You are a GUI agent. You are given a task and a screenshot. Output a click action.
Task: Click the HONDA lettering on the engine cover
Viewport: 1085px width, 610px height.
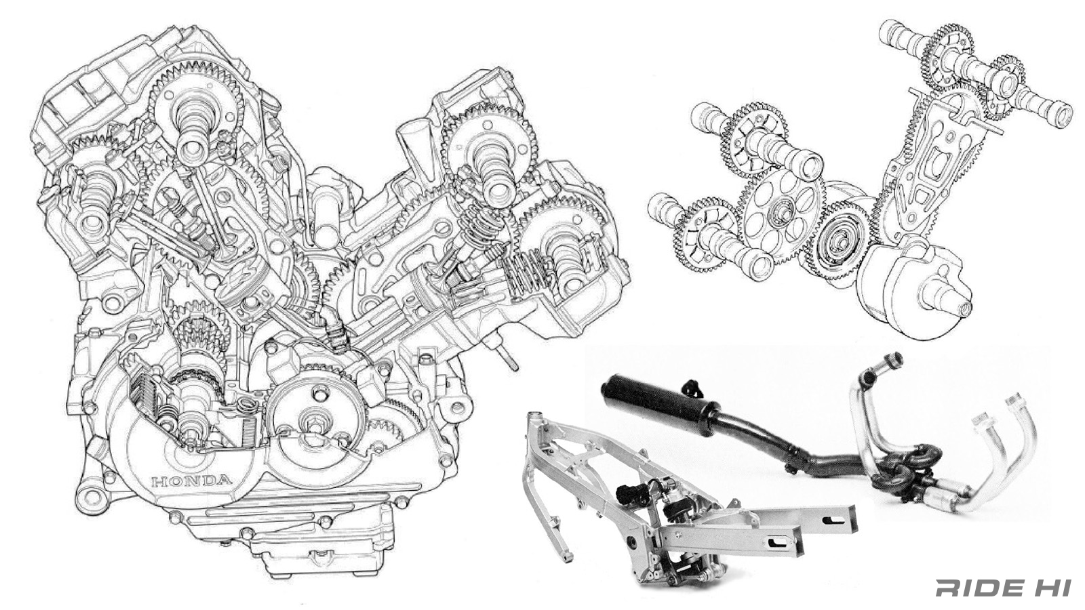pyautogui.click(x=191, y=481)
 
